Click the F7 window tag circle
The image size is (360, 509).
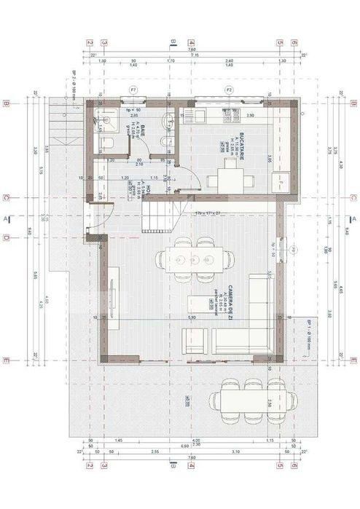pyautogui.click(x=133, y=90)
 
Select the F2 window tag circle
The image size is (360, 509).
pyautogui.click(x=228, y=90)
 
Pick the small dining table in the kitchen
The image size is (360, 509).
pyautogui.click(x=230, y=177)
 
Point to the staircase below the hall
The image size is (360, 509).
pyautogui.click(x=159, y=214)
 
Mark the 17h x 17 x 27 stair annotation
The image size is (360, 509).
pyautogui.click(x=207, y=213)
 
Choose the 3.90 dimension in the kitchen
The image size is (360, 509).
pyautogui.click(x=249, y=116)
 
